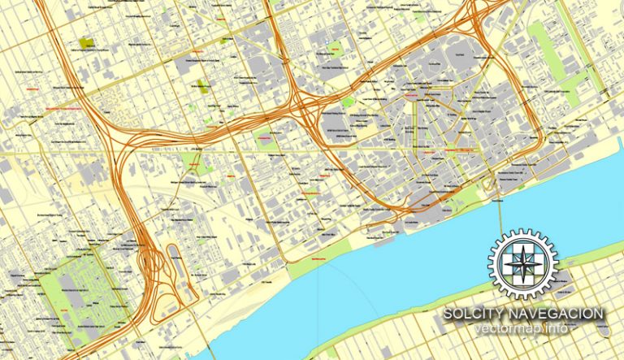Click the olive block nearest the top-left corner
[87, 41]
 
